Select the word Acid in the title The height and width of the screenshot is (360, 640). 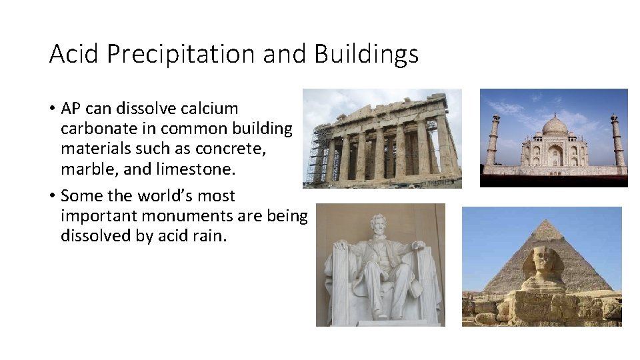coord(73,54)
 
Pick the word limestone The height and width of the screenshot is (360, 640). coord(195,169)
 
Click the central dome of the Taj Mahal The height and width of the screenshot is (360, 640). coord(555,125)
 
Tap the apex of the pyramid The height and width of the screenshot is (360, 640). coord(547,221)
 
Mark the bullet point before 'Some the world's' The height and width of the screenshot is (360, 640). coord(53,196)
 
